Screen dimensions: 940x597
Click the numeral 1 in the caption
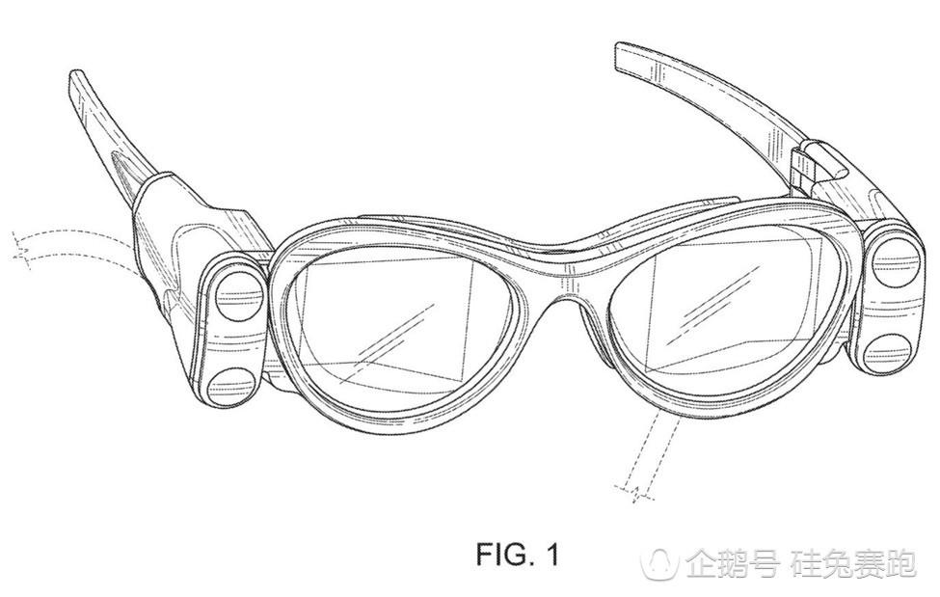pyautogui.click(x=551, y=555)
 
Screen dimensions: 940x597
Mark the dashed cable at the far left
pyautogui.click(x=58, y=246)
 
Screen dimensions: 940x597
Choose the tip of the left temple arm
pyautogui.click(x=79, y=79)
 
